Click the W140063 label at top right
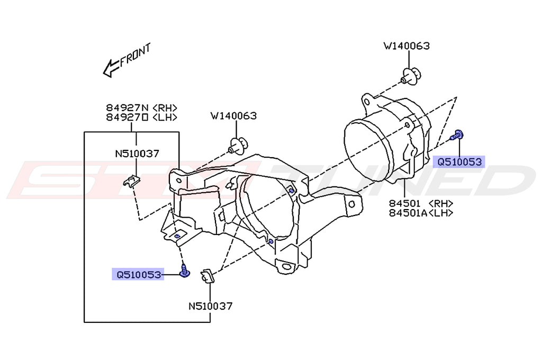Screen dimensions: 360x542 pos(406,46)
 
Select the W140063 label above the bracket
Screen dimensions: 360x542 pos(233,115)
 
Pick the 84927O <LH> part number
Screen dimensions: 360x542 pos(141,117)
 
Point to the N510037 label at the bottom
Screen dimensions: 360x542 pos(211,305)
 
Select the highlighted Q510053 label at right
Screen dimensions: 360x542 pos(458,162)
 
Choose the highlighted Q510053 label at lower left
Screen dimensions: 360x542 pos(137,274)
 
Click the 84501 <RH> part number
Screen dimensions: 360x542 pos(421,203)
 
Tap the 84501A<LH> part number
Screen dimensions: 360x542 pos(421,213)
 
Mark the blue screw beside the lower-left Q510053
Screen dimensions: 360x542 pos(185,272)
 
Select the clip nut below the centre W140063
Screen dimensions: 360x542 pos(238,145)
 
